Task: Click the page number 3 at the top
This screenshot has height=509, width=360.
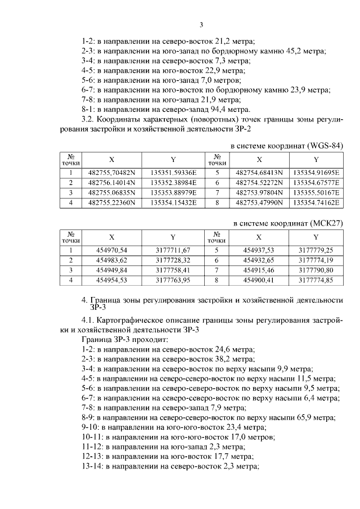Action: point(201,24)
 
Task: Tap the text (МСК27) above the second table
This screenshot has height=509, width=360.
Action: point(325,223)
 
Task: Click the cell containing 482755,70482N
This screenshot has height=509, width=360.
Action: point(112,173)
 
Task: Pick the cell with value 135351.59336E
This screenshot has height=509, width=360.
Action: point(173,173)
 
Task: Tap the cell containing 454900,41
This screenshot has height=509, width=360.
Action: point(259,279)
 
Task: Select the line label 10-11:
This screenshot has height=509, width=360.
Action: point(92,437)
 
